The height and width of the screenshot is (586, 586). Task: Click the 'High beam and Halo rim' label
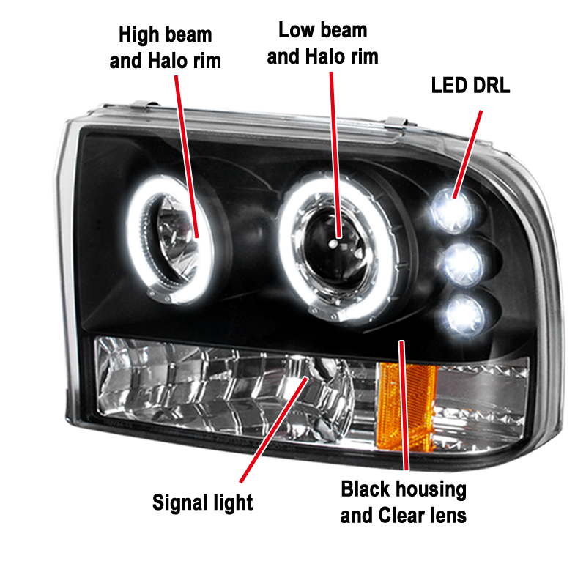(x=166, y=48)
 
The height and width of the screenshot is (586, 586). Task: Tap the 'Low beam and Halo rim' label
(x=322, y=43)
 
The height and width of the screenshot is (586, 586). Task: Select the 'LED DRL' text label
(x=470, y=86)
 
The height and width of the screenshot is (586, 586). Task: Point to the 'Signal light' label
(x=203, y=503)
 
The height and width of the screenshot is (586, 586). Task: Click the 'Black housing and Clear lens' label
(x=404, y=502)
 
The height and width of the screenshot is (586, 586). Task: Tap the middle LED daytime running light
(x=463, y=264)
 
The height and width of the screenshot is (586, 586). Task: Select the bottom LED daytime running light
(x=465, y=316)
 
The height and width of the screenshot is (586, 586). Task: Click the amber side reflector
(x=407, y=407)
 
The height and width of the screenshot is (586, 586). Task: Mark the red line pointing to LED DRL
(x=467, y=155)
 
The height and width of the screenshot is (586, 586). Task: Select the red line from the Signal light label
(x=274, y=430)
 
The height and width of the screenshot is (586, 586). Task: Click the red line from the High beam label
(x=187, y=157)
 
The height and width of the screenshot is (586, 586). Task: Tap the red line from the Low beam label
(x=335, y=155)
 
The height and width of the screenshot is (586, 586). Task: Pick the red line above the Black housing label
(x=404, y=405)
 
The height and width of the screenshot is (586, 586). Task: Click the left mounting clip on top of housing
(x=144, y=105)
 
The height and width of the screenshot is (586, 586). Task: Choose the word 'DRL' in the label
(x=491, y=86)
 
